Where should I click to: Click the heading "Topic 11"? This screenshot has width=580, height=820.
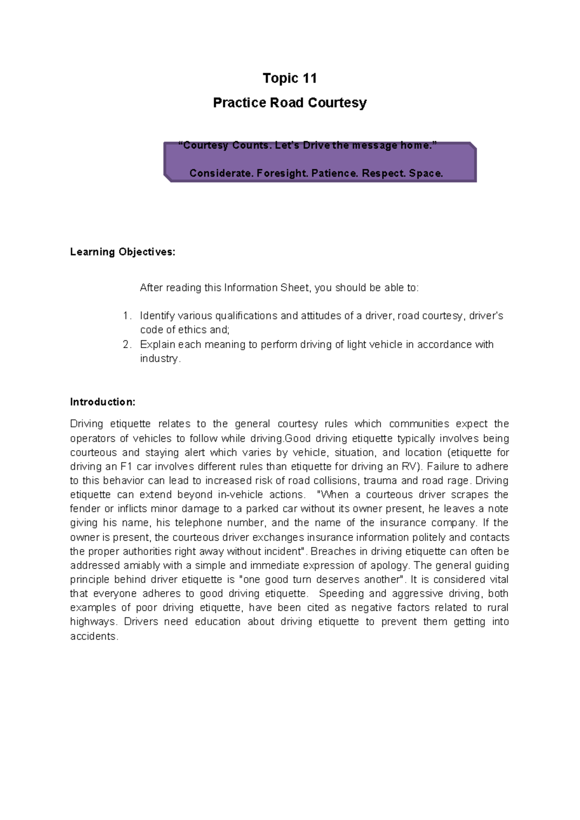click(x=290, y=78)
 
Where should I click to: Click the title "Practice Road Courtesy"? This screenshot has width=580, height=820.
click(x=290, y=103)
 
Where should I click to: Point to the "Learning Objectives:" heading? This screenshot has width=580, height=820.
click(x=123, y=252)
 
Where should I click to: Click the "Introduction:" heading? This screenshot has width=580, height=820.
click(x=102, y=402)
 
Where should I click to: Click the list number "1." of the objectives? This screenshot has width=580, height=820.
click(x=127, y=316)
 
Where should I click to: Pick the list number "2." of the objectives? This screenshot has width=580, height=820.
click(x=127, y=345)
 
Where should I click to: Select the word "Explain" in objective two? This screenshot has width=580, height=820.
click(x=157, y=345)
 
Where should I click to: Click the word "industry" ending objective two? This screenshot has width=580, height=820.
click(x=159, y=359)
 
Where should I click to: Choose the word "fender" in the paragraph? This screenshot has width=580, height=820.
click(x=85, y=509)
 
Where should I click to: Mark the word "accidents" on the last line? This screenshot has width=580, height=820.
click(x=93, y=636)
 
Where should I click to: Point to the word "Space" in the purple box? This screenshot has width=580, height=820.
click(x=425, y=174)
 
